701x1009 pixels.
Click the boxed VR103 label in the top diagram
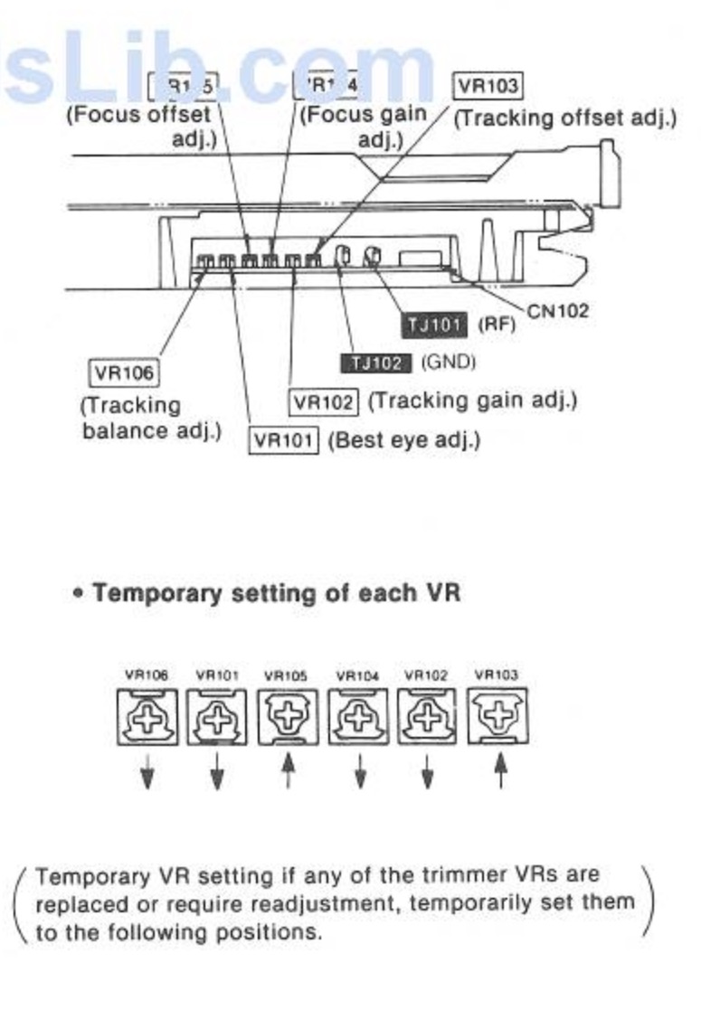point(488,87)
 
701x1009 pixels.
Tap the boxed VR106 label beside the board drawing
point(124,372)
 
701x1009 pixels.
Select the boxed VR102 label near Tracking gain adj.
point(325,401)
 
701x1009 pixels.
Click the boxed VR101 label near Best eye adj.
point(284,440)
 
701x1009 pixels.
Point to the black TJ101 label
point(433,325)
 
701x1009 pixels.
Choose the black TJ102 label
point(376,363)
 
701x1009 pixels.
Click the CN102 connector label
point(558,311)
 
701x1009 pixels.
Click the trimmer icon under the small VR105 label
point(287,717)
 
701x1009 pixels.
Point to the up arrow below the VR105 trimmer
point(288,771)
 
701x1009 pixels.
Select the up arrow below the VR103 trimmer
point(498,771)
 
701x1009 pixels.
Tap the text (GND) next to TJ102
point(448,363)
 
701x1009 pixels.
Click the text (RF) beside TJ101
point(496,325)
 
